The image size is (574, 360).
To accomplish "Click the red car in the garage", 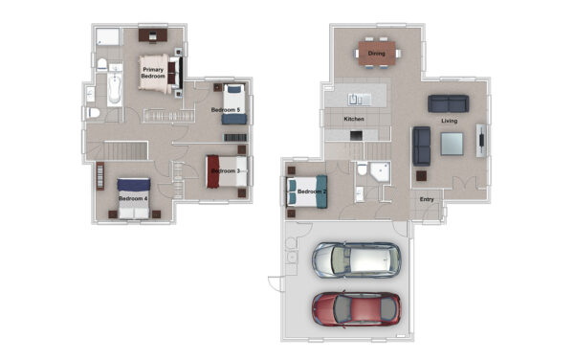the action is point(356,309).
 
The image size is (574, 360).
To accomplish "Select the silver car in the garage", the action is point(356,260).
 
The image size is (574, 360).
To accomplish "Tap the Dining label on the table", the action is point(376,54).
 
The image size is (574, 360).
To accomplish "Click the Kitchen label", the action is point(354,119).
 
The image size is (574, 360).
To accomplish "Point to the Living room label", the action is point(450,121).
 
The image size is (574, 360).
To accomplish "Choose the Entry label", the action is point(427,199).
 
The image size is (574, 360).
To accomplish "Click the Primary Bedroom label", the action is point(153,73).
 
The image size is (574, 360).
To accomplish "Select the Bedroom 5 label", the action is point(226,110).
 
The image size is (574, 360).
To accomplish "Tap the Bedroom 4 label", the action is point(133,198).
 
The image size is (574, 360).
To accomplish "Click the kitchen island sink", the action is point(359,100).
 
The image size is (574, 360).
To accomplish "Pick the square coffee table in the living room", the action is point(452,144).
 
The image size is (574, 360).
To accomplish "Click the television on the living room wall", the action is point(481,140).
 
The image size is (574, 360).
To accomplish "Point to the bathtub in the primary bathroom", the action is point(115,88).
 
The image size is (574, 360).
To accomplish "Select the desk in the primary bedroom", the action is point(153,35).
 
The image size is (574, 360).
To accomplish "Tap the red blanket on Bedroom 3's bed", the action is point(212,171).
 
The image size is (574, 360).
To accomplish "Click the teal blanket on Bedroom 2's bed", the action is point(321,191).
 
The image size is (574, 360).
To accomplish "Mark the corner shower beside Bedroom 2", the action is point(380,172).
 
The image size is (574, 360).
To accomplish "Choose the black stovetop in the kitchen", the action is point(356,136).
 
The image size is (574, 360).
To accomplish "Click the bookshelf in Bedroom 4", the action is point(99,176).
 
